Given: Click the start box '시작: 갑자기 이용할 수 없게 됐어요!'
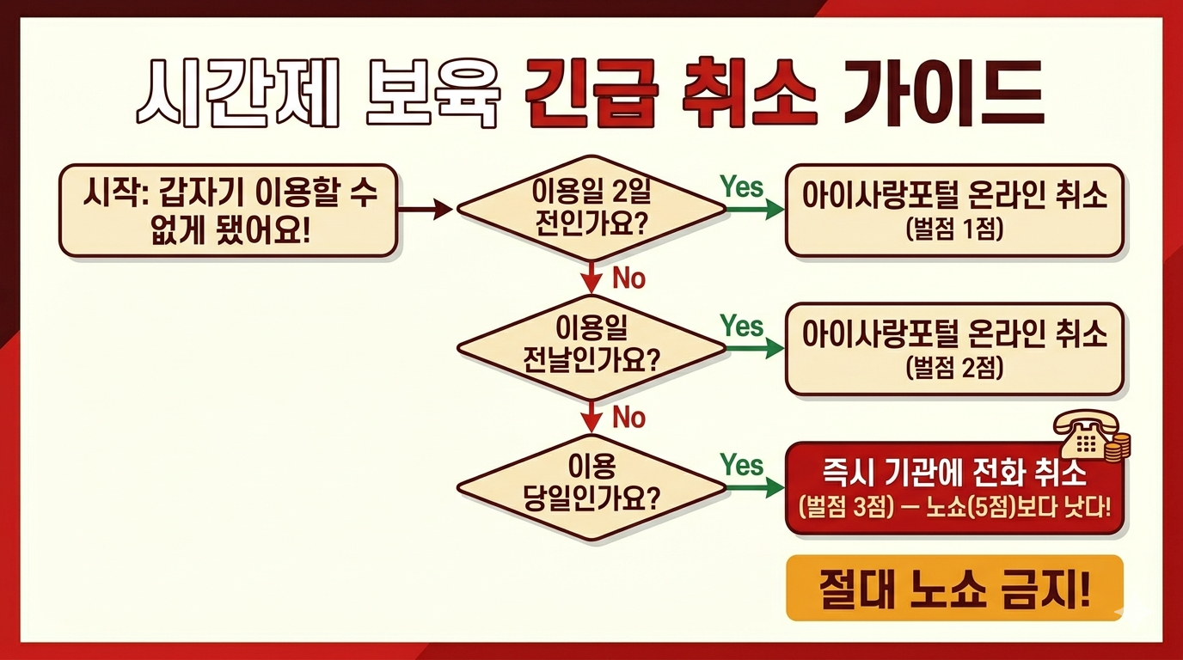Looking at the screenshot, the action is click(228, 211).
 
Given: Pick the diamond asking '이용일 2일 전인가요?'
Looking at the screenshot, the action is click(591, 208).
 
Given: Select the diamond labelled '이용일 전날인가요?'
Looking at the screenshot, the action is click(591, 347).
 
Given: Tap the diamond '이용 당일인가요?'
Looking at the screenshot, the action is click(591, 486).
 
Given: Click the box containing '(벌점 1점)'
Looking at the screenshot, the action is click(954, 211).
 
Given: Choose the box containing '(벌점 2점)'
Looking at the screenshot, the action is click(954, 349).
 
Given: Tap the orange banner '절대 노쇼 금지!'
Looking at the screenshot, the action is click(954, 589).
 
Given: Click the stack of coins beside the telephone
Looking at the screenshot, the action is click(1118, 447).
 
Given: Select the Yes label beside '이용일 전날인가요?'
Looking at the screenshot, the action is click(741, 327).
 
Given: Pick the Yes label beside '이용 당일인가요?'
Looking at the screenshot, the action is click(741, 466).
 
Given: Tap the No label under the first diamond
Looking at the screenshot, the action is click(628, 278).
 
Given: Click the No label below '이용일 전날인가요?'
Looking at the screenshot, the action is click(628, 418).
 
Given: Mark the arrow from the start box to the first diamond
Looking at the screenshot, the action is click(426, 209).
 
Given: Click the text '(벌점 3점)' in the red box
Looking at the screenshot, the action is click(843, 505).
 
